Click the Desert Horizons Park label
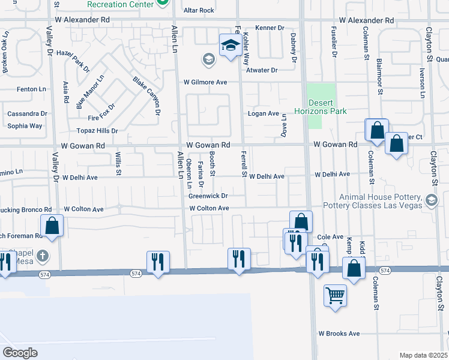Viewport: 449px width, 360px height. point(321,107)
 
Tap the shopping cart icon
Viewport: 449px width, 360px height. point(335,295)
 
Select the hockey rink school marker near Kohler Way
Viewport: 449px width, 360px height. point(230,45)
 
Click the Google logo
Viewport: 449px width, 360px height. point(19,352)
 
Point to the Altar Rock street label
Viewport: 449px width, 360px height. point(199,10)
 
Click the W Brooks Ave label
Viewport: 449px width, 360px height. point(339,334)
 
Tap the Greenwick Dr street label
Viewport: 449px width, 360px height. point(208,196)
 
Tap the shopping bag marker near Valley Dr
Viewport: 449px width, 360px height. point(52,226)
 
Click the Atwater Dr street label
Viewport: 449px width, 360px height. point(262,70)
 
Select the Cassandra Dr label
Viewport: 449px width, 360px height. point(27,113)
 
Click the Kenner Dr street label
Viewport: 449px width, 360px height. point(269,28)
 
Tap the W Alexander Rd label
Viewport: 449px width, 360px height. point(366,20)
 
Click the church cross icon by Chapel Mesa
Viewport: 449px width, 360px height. point(41,256)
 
